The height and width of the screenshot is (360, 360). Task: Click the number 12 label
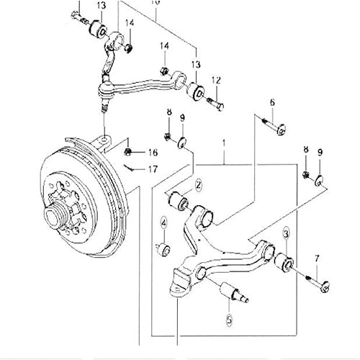(x=215, y=80)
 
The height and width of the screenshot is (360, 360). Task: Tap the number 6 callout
(x=272, y=102)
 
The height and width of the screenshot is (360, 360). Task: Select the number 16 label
(x=152, y=153)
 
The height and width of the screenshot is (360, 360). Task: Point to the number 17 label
(x=152, y=170)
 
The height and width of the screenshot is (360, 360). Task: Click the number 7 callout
(x=315, y=257)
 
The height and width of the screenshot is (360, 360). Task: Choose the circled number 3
(x=287, y=234)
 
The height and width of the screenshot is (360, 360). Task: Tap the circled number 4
(x=163, y=223)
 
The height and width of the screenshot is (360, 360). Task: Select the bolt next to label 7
(x=315, y=277)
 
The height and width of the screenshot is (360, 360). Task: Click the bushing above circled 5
(x=230, y=292)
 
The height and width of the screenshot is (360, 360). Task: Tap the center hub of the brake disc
(x=57, y=215)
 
